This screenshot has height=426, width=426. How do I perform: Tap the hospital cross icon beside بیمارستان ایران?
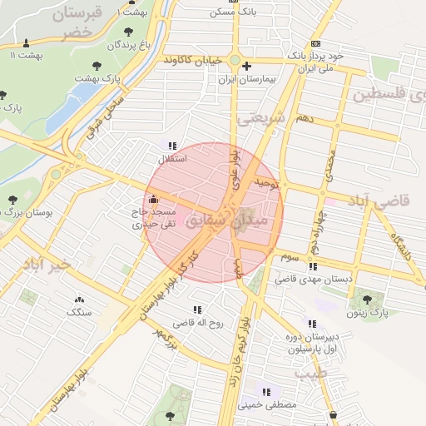coord(247,65)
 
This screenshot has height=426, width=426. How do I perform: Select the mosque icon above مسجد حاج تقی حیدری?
coord(152,200)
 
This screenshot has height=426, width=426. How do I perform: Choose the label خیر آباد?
coord(51,264)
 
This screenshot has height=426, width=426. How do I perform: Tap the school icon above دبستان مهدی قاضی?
coord(313,267)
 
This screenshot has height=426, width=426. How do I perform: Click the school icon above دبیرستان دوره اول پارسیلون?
coord(312,324)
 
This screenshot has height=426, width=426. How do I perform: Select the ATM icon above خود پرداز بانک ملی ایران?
coord(315,42)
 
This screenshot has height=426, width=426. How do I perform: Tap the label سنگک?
coord(80,312)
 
